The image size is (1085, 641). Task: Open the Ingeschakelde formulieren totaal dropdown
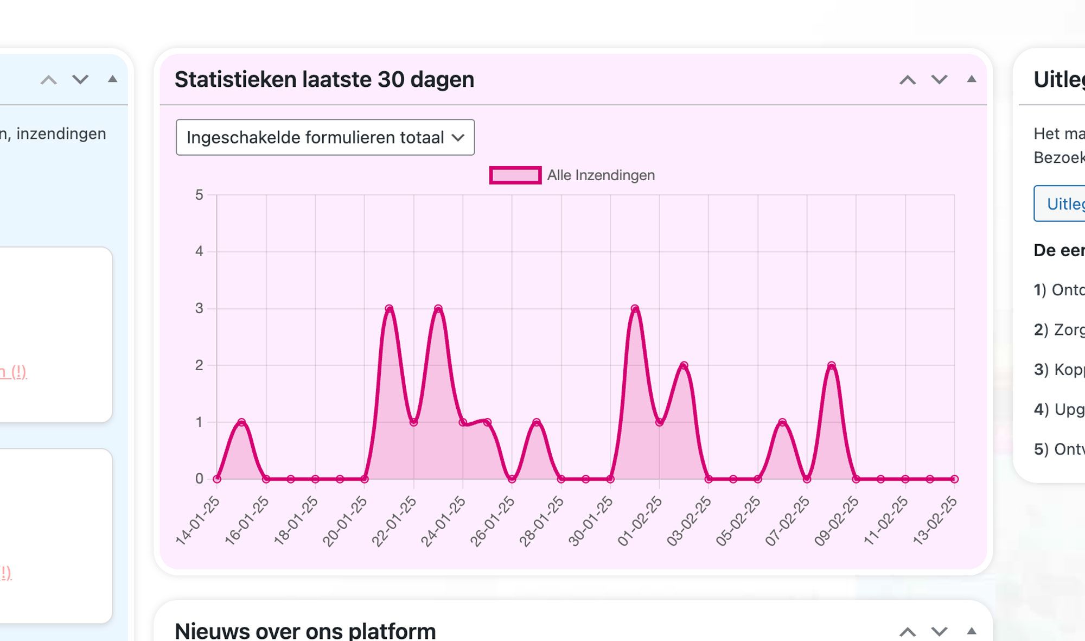[325, 137]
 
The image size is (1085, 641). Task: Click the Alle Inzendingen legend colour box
[515, 175]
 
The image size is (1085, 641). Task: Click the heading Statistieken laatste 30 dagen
[324, 79]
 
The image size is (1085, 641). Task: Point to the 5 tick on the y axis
[199, 195]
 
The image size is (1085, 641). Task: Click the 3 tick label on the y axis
[199, 308]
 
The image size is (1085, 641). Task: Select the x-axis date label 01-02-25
[641, 520]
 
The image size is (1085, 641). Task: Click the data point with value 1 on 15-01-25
[241, 422]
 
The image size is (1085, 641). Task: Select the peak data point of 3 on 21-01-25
[389, 309]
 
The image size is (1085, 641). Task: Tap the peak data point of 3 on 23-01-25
[438, 309]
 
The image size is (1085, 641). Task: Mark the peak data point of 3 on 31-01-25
[635, 309]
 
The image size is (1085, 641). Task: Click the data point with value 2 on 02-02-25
[684, 365]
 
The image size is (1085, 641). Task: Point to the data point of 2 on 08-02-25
[832, 365]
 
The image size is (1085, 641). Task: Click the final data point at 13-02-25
[954, 479]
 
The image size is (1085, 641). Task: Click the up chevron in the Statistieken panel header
[908, 80]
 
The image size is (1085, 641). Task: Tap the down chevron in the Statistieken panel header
[940, 80]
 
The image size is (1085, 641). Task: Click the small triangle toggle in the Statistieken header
[972, 79]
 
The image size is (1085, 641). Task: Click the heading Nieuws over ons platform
[305, 631]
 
